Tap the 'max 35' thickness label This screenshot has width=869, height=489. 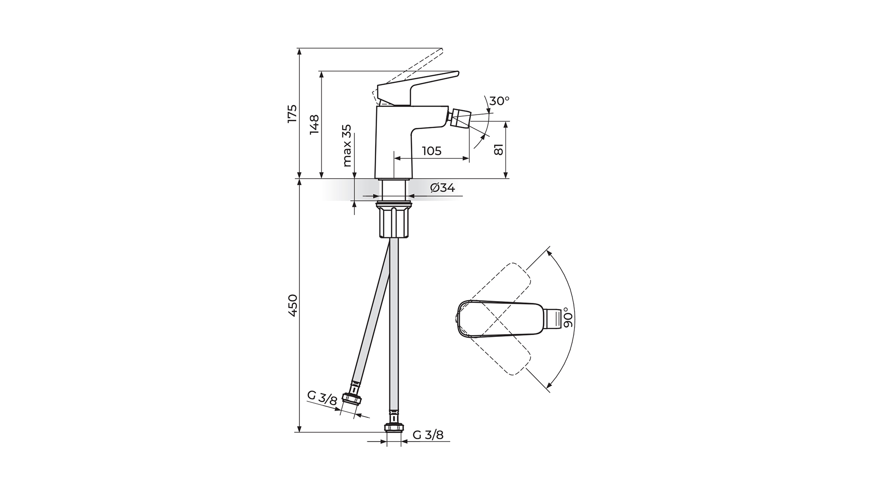347,145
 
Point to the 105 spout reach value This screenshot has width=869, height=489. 431,151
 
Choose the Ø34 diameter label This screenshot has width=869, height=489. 442,187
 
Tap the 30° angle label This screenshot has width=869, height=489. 499,101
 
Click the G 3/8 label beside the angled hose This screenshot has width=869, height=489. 322,398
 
